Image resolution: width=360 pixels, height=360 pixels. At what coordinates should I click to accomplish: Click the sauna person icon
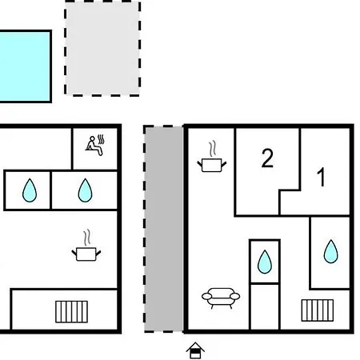(94, 146)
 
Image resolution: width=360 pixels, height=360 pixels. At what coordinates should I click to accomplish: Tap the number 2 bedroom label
(267, 158)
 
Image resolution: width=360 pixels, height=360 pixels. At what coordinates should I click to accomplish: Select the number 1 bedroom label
(322, 177)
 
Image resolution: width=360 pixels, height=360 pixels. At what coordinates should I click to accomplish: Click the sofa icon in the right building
(221, 298)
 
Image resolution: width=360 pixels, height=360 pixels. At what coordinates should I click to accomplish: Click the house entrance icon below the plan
(195, 350)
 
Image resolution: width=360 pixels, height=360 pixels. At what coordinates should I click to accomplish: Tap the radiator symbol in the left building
(71, 312)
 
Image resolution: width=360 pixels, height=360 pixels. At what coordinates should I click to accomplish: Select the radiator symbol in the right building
(318, 310)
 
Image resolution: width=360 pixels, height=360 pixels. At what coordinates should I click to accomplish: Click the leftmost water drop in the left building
(30, 190)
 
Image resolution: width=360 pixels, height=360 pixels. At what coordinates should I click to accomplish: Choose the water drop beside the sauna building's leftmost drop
(85, 190)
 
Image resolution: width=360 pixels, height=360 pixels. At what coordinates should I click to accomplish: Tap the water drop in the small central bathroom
(265, 262)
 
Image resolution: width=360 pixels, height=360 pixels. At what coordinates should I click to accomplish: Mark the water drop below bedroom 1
(330, 251)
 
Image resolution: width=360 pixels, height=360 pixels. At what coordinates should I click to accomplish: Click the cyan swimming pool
(25, 66)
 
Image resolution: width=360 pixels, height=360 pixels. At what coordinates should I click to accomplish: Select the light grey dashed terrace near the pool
(102, 48)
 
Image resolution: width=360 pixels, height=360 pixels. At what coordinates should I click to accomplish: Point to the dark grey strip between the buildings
(163, 229)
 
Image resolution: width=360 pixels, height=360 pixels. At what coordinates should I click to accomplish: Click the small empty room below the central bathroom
(265, 306)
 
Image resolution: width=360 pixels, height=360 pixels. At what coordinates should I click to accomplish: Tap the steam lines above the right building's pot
(212, 150)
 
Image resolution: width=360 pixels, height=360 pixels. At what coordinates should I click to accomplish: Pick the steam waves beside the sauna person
(101, 139)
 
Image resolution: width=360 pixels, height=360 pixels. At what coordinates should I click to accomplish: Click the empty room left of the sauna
(35, 148)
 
